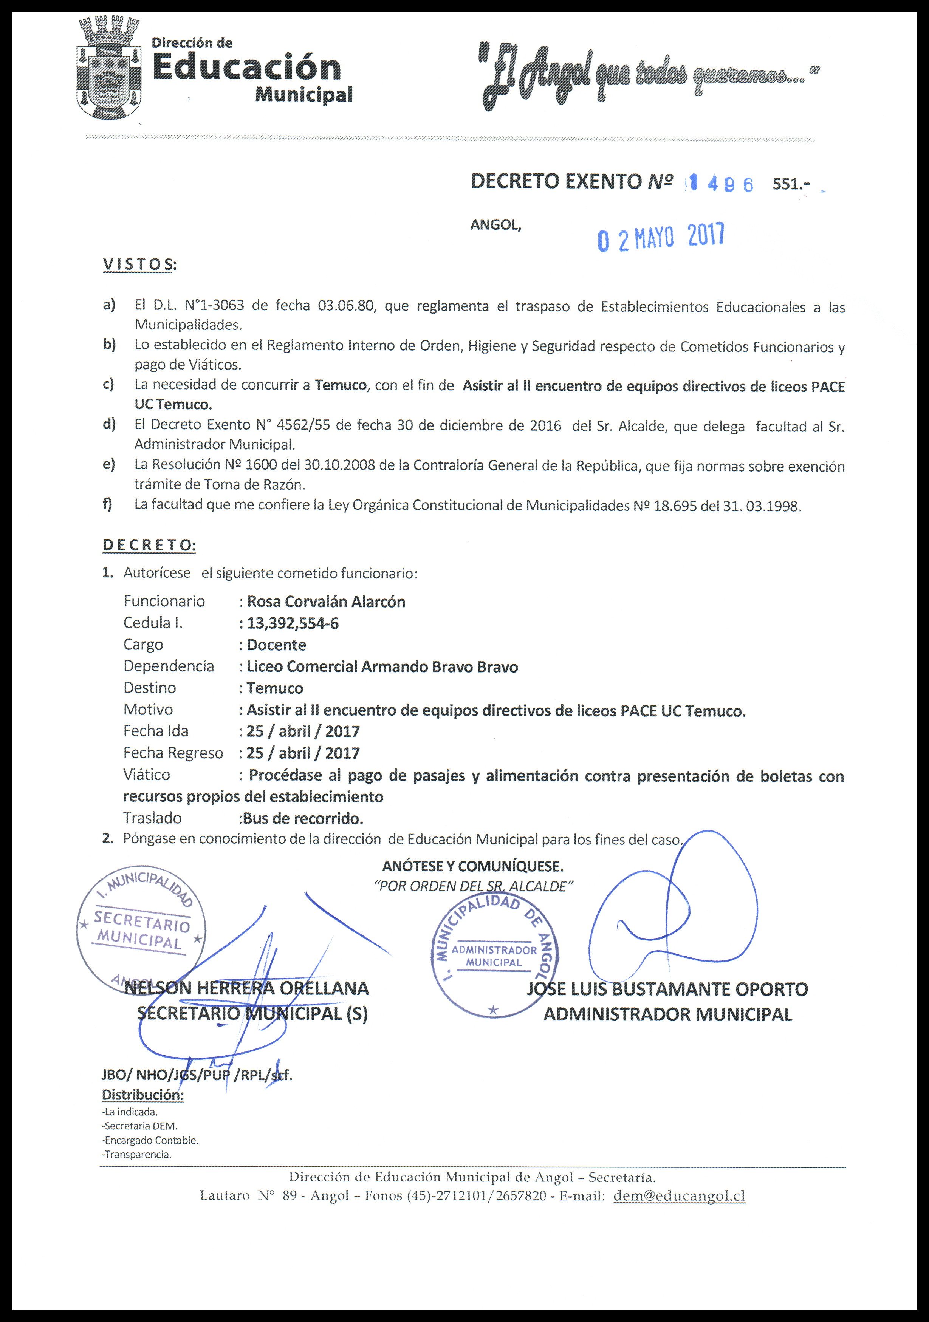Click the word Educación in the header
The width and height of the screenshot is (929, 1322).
pyautogui.click(x=246, y=68)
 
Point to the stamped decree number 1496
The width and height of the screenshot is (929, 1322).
pyautogui.click(x=720, y=184)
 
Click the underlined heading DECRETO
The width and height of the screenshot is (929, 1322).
pyautogui.click(x=149, y=545)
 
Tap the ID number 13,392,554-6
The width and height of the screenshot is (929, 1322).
pyautogui.click(x=293, y=623)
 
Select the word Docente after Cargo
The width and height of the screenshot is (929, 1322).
pyautogui.click(x=276, y=645)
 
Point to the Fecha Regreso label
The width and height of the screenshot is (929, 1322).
pyautogui.click(x=173, y=753)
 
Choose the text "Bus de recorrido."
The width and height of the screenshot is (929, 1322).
pyautogui.click(x=303, y=818)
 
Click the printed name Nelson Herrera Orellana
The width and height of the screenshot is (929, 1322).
pyautogui.click(x=246, y=988)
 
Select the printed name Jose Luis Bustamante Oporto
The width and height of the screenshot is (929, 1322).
pyautogui.click(x=667, y=989)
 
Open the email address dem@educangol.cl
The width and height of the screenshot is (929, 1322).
pyautogui.click(x=680, y=1196)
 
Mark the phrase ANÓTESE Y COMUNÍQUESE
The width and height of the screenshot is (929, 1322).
pyautogui.click(x=473, y=866)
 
